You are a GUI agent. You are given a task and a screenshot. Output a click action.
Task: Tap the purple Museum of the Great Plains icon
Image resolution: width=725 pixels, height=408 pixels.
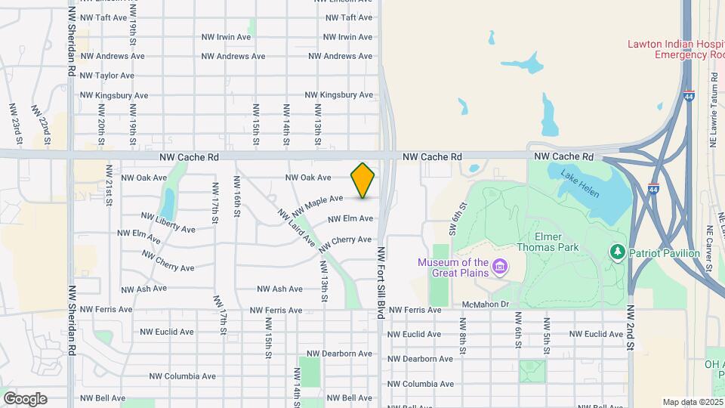tap(499, 267)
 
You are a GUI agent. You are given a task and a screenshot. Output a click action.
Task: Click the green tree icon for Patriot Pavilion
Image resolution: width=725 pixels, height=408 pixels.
tap(618, 252)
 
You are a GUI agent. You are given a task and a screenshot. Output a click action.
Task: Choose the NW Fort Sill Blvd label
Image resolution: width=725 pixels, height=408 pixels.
tap(381, 282)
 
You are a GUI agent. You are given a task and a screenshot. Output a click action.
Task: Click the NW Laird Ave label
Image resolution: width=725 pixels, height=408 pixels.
tap(295, 228)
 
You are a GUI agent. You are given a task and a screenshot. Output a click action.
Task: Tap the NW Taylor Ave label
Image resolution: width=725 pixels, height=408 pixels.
tap(106, 76)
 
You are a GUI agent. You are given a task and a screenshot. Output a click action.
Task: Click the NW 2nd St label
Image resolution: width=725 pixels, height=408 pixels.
tap(631, 328)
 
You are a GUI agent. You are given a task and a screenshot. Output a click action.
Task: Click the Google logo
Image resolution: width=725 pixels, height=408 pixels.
tap(25, 399)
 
